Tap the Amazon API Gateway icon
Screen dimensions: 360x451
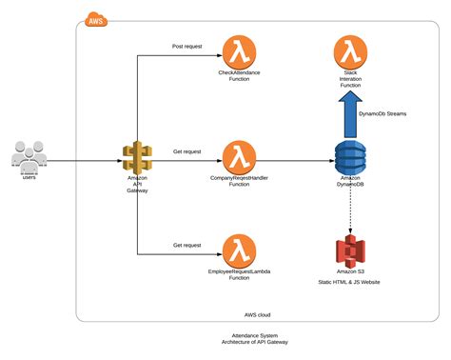[x=137, y=155]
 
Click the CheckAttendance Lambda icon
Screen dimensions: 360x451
[x=239, y=51]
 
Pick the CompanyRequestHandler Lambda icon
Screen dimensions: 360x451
[x=239, y=155]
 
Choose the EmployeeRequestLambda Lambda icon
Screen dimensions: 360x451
[x=239, y=251]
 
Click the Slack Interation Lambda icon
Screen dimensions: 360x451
[x=350, y=51]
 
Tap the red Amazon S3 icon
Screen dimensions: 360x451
[x=350, y=252]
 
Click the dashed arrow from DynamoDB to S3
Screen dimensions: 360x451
[x=350, y=210]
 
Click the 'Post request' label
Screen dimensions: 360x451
[x=186, y=46]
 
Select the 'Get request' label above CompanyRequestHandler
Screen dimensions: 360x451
[x=186, y=150]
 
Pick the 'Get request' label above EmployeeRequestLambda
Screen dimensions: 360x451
[x=186, y=245]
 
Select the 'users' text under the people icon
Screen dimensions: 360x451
[x=29, y=177]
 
